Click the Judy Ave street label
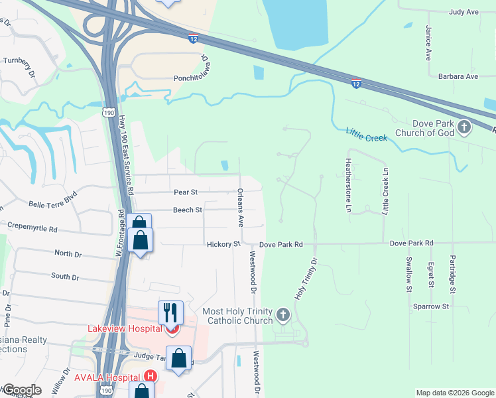pyautogui.click(x=464, y=12)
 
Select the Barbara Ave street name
pyautogui.click(x=453, y=76)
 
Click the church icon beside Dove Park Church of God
pyautogui.click(x=464, y=126)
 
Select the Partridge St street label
pyautogui.click(x=453, y=274)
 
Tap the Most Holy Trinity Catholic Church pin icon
pyautogui.click(x=283, y=314)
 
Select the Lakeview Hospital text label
pyautogui.click(x=125, y=328)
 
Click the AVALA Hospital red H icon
pyautogui.click(x=151, y=375)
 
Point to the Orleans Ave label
pyautogui.click(x=241, y=206)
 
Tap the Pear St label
pyautogui.click(x=186, y=192)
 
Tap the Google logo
pyautogui.click(x=21, y=390)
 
